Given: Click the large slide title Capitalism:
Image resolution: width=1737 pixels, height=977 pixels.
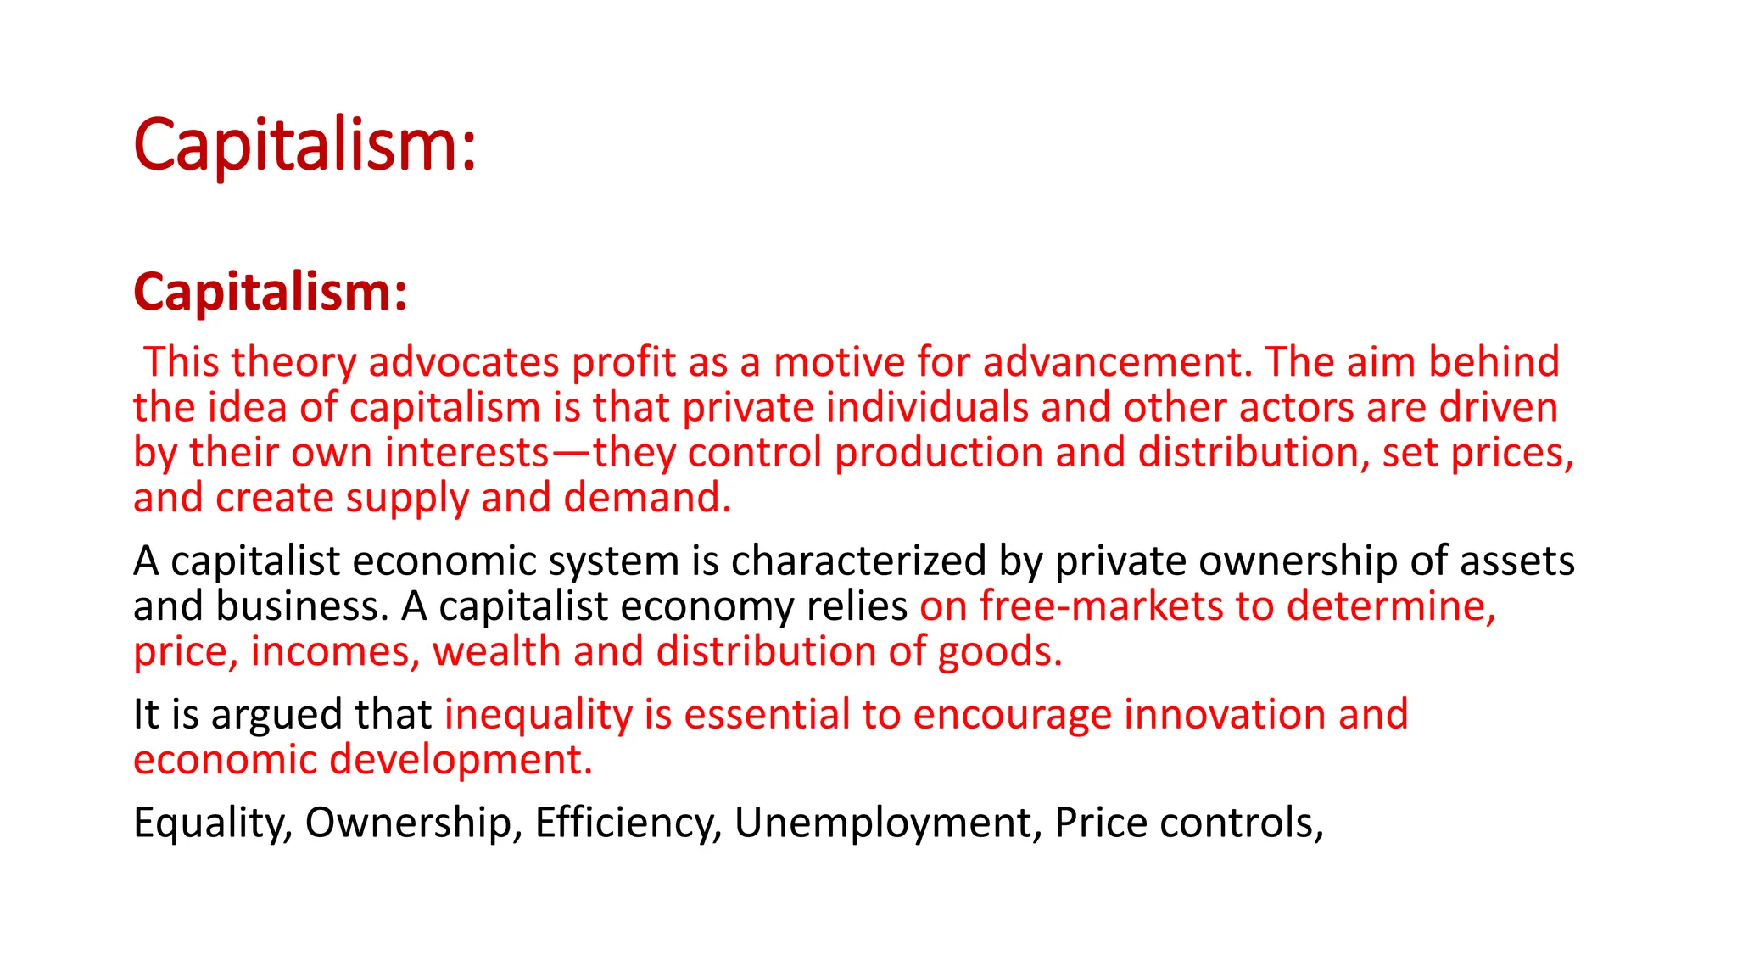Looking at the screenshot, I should pyautogui.click(x=304, y=145).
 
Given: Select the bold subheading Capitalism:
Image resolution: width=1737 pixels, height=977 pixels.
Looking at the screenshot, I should pyautogui.click(x=270, y=292).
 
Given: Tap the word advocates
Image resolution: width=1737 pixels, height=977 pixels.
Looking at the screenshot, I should pyautogui.click(x=463, y=362).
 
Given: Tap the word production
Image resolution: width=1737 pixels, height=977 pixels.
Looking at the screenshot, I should pyautogui.click(x=939, y=453).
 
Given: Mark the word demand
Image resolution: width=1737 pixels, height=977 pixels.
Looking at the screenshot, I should pyautogui.click(x=647, y=497).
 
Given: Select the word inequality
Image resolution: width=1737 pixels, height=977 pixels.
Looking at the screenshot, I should pyautogui.click(x=539, y=715).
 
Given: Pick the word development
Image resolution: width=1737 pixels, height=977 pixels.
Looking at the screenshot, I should pyautogui.click(x=461, y=759).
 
